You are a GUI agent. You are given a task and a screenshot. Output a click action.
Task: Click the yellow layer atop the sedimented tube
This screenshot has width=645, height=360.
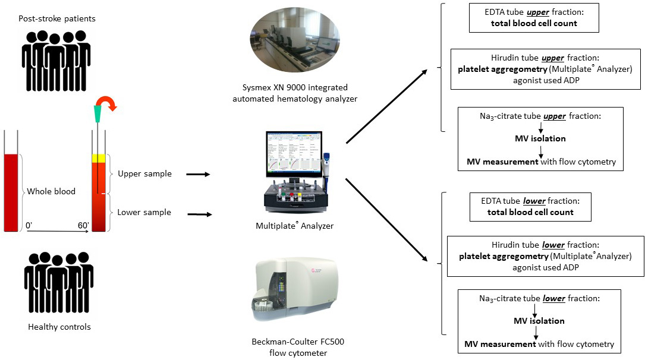click(x=98, y=159)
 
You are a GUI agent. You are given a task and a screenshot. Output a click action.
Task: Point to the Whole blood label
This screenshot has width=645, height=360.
click(x=52, y=191)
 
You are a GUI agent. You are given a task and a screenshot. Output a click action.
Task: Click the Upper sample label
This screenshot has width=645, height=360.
click(x=144, y=174)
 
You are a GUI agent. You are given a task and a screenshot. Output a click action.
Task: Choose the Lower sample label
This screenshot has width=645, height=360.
click(x=144, y=212)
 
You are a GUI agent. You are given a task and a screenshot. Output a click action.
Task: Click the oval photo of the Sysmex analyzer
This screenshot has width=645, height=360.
click(x=295, y=45)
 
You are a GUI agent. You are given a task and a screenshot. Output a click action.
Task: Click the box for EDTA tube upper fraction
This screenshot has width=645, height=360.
click(x=533, y=18)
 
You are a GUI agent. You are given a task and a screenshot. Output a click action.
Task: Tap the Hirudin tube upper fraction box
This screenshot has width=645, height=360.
click(x=545, y=71)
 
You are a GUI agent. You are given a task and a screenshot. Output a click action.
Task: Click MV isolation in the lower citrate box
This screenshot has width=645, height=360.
click(x=539, y=321)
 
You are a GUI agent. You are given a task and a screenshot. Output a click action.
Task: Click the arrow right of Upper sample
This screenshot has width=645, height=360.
click(x=199, y=175)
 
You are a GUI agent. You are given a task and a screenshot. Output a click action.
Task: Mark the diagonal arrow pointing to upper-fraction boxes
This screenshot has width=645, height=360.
click(x=386, y=107)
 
